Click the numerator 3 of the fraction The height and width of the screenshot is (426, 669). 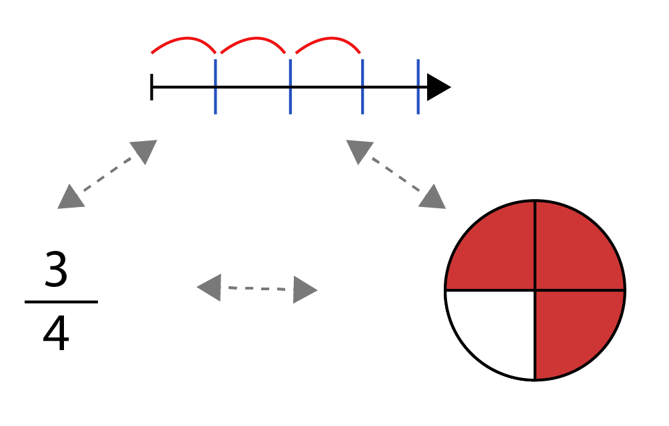click(x=56, y=269)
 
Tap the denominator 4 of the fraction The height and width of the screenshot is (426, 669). click(x=56, y=333)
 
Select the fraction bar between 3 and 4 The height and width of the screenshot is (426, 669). click(x=61, y=302)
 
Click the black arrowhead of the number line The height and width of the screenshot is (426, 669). click(x=438, y=87)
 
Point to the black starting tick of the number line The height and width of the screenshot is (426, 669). click(x=151, y=87)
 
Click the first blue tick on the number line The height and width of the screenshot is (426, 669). click(x=215, y=87)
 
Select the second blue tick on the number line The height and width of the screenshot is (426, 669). click(x=290, y=87)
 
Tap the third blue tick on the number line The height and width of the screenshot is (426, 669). click(x=362, y=87)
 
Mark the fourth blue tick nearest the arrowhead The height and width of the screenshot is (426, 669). click(x=418, y=87)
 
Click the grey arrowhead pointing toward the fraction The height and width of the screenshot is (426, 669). click(x=72, y=198)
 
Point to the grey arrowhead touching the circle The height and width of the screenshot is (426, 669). click(x=433, y=198)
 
